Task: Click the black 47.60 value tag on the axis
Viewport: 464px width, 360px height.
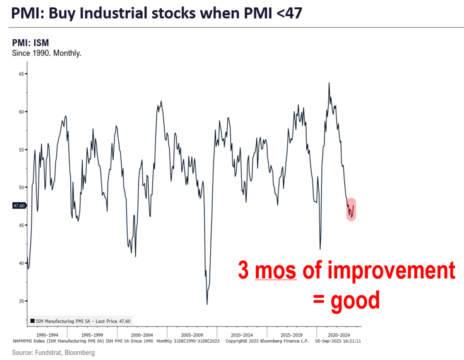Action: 19,206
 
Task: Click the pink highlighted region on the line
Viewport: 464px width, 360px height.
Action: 351,209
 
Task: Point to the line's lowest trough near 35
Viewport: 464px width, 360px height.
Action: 207,304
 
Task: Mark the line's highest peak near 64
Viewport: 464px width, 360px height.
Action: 329,83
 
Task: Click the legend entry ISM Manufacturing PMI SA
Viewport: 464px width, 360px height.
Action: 83,321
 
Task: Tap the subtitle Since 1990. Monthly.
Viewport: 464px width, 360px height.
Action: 47,53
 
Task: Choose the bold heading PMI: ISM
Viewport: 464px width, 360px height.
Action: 31,43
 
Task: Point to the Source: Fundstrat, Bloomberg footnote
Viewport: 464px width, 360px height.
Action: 53,353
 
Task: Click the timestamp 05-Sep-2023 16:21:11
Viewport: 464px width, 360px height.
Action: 338,341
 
